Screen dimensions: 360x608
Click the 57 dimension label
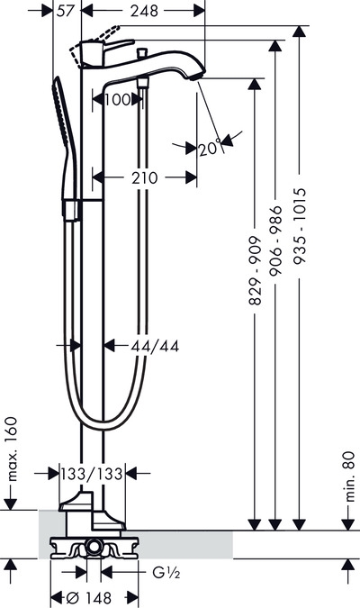(x=65, y=11)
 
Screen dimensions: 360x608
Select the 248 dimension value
(x=144, y=11)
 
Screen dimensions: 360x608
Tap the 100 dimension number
(x=117, y=100)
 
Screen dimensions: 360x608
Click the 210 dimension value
(x=145, y=178)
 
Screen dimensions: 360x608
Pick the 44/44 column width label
(x=155, y=346)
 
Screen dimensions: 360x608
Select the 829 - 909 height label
(x=255, y=270)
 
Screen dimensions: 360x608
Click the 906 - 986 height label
(x=275, y=240)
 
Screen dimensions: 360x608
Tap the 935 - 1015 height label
(x=300, y=226)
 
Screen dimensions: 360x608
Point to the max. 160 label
(x=12, y=449)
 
